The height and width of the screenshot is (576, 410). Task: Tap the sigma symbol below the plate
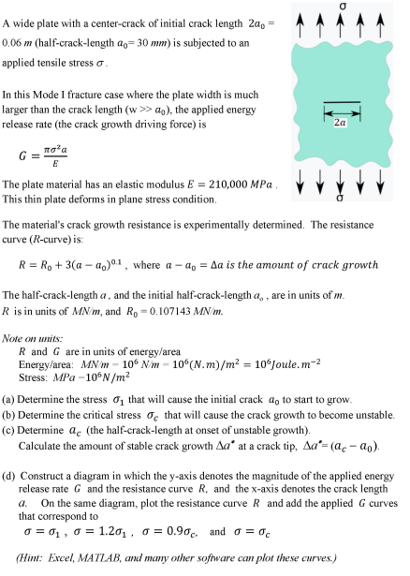tap(340, 199)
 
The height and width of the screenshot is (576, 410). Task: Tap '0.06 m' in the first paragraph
tap(22, 42)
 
